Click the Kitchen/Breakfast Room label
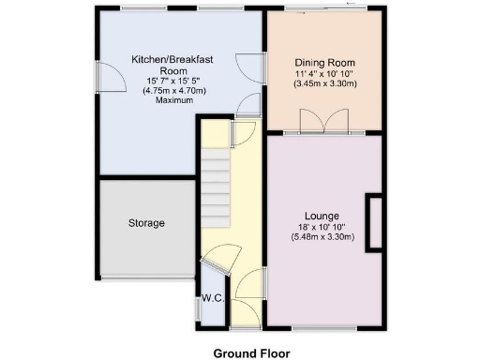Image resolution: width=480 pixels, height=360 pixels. pyautogui.click(x=172, y=65)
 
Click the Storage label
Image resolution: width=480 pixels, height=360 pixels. pyautogui.click(x=146, y=223)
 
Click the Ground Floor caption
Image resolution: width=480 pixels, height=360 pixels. pyautogui.click(x=252, y=353)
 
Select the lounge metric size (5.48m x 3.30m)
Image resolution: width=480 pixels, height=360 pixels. pyautogui.click(x=322, y=237)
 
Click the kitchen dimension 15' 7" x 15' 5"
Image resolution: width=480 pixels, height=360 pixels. pyautogui.click(x=172, y=82)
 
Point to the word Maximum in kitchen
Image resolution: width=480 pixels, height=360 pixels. pyautogui.click(x=172, y=101)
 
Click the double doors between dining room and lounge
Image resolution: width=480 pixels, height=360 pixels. pyautogui.click(x=322, y=122)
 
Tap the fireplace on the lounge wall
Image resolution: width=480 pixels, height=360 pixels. pyautogui.click(x=373, y=222)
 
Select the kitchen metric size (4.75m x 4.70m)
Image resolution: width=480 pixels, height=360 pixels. pyautogui.click(x=172, y=92)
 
